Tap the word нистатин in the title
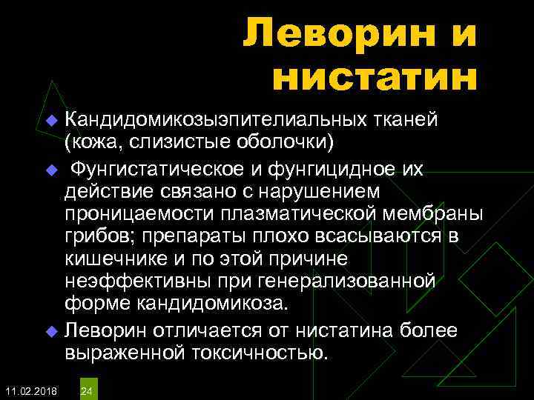(375, 79)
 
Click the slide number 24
(86, 390)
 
